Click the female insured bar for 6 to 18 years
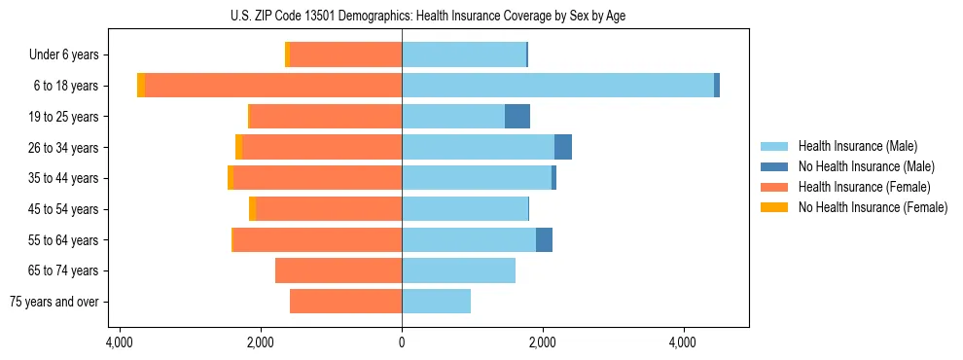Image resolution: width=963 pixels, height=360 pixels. pos(273,86)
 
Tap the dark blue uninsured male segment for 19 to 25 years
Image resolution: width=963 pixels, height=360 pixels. pos(517,117)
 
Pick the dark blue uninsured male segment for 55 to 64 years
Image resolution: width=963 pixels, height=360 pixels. pos(544,239)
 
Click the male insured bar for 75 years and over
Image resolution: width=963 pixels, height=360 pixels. pos(436,302)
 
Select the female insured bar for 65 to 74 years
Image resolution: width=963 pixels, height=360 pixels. pos(339,270)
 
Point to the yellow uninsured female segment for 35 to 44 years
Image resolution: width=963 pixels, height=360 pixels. pos(231,178)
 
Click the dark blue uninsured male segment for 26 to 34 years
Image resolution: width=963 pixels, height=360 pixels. pos(563,147)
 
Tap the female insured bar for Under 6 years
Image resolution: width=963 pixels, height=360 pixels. pos(345,55)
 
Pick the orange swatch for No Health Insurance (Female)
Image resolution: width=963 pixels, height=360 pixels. pos(774,207)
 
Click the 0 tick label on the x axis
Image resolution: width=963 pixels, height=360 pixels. pos(402,342)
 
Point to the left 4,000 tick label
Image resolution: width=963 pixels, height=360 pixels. pos(120,342)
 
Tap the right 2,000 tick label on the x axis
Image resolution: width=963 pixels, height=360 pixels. pos(543,342)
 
